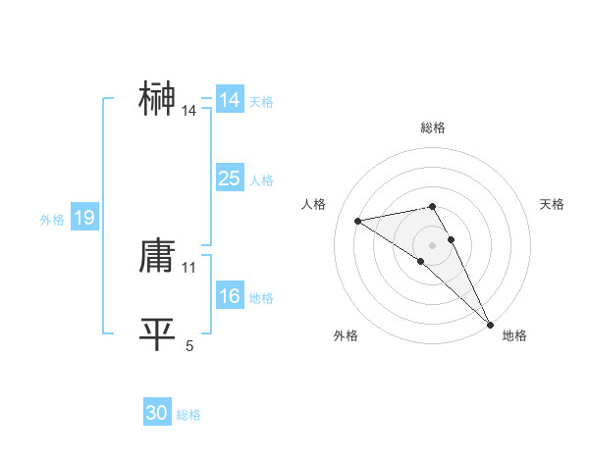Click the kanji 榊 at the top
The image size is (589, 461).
point(157,99)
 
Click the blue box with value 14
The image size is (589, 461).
point(229,100)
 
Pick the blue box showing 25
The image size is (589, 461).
point(229,179)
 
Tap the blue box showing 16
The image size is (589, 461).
point(229,297)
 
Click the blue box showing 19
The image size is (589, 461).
point(83,218)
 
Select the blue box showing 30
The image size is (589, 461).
point(157,413)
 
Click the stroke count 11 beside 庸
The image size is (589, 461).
point(189,267)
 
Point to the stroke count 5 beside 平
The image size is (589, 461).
point(189,345)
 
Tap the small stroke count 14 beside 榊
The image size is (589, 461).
point(189,111)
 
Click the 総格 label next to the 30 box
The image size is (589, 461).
point(188,415)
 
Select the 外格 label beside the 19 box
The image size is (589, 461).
point(52,220)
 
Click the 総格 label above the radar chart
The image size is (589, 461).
point(433,128)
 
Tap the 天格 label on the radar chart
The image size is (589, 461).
point(553,204)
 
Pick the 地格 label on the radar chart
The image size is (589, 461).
point(514,335)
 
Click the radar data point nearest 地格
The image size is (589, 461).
point(489,324)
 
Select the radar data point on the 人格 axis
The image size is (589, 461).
point(358,221)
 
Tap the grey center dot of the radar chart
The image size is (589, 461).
point(433,244)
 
